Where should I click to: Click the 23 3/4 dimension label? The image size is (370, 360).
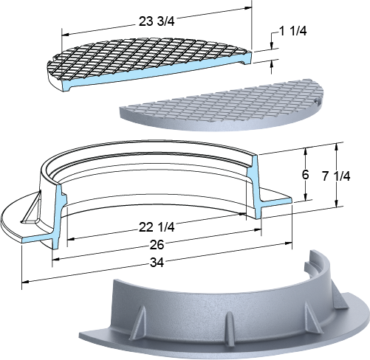pyautogui.click(x=157, y=21)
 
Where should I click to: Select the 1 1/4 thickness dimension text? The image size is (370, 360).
pyautogui.click(x=292, y=31)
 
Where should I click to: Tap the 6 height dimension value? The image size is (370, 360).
pyautogui.click(x=305, y=175)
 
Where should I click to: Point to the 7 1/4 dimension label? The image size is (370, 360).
pyautogui.click(x=336, y=176)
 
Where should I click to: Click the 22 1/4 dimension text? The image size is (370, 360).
pyautogui.click(x=157, y=227)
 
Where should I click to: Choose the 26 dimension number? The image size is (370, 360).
pyautogui.click(x=157, y=245)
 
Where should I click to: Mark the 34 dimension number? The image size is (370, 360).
pyautogui.click(x=157, y=263)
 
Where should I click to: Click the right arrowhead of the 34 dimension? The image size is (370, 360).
pyautogui.click(x=288, y=243)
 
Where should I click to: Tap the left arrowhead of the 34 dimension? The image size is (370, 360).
pyautogui.click(x=25, y=281)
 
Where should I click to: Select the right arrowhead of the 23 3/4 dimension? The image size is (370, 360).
pyautogui.click(x=248, y=8)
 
